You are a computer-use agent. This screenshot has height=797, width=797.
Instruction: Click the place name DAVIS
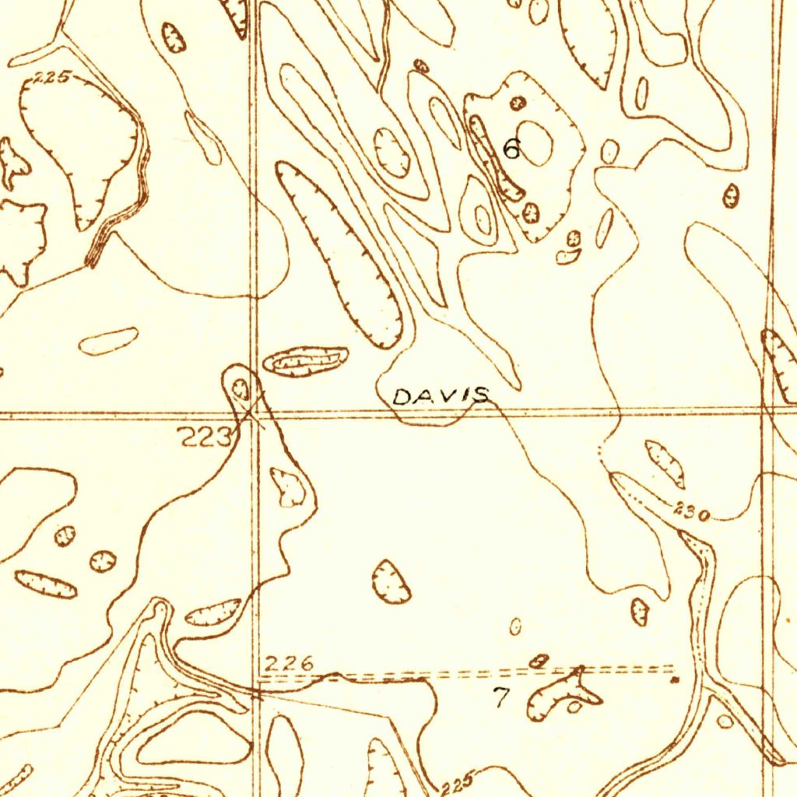pos(441,396)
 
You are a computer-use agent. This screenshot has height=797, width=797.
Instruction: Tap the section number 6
pos(511,148)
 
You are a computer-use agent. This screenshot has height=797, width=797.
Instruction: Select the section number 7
pos(501,697)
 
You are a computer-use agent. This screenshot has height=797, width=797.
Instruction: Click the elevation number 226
pos(289,664)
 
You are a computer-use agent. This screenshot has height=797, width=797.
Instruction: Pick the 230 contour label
pos(691,513)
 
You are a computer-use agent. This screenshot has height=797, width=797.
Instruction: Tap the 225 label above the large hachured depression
pos(53,77)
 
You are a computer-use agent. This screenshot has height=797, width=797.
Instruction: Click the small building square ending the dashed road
pos(675,679)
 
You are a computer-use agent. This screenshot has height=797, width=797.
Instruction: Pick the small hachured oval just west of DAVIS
pos(305,360)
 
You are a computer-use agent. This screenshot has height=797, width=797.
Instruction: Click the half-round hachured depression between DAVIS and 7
pos(391,581)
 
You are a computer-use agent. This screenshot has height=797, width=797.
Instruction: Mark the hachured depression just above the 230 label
pos(665,462)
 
